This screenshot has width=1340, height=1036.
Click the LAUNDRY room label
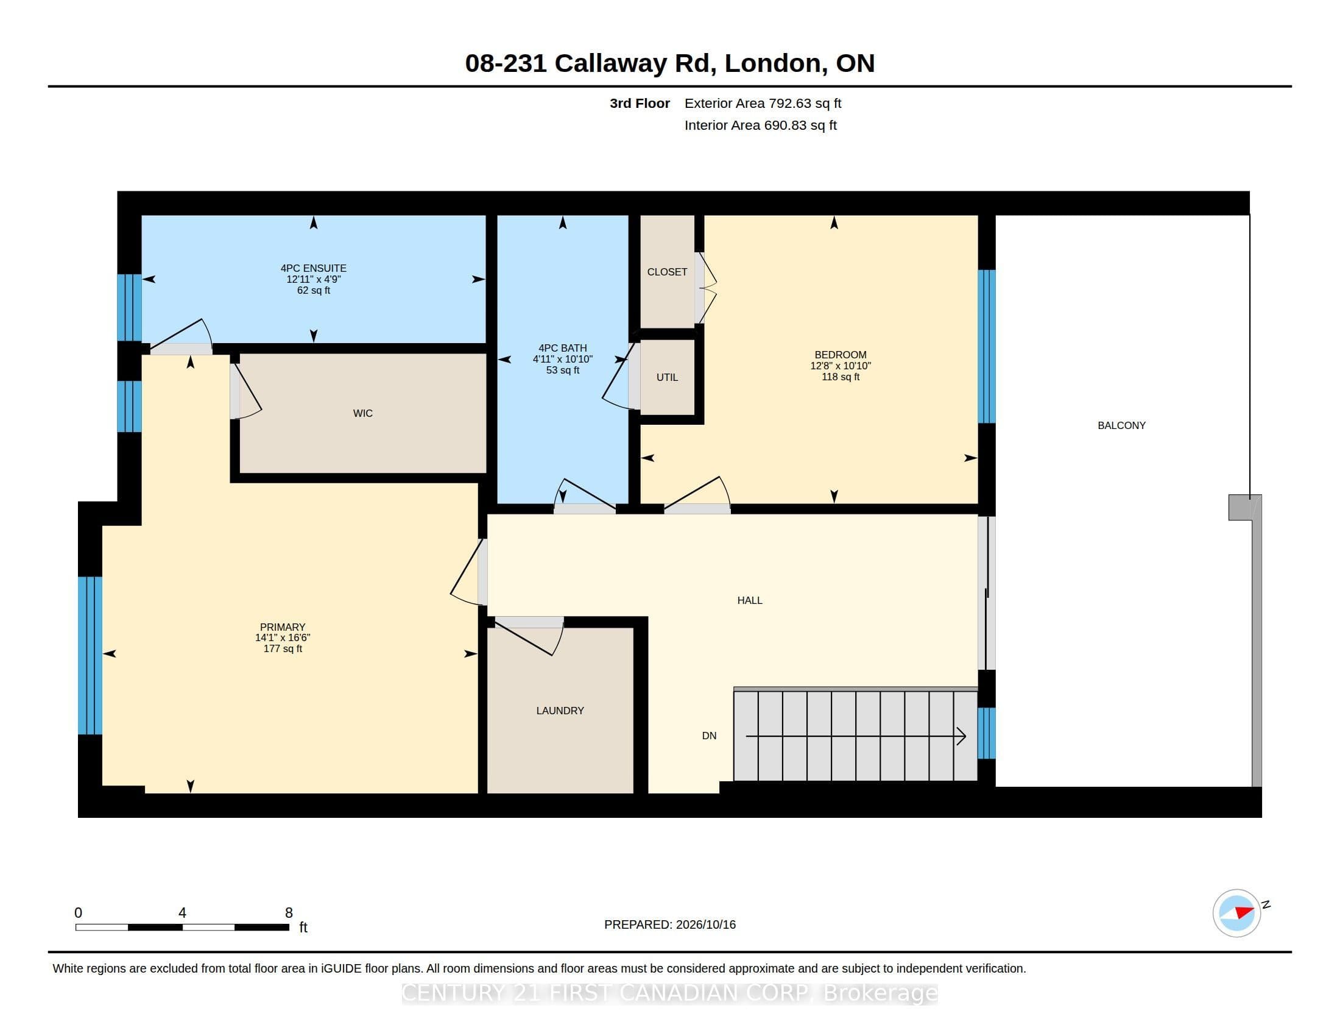[560, 711]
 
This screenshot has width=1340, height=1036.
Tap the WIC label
[362, 414]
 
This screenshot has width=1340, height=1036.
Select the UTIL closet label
[667, 377]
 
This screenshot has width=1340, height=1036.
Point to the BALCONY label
[1121, 425]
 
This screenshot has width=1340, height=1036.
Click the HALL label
[749, 600]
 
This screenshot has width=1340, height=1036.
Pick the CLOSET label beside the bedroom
[667, 272]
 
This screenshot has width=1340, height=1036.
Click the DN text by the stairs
[708, 736]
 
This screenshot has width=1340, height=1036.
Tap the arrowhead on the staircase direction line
[962, 736]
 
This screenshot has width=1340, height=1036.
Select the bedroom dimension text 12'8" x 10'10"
[840, 366]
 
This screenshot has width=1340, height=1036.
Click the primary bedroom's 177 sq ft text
[282, 649]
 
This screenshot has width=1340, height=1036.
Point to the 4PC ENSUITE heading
[313, 268]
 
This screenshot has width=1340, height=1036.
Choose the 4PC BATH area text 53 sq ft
[562, 370]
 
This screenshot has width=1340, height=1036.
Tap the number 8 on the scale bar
[289, 913]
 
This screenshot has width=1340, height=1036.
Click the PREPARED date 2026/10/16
[705, 924]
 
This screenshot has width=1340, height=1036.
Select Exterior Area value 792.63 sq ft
[805, 104]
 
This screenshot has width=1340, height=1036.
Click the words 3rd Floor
[640, 104]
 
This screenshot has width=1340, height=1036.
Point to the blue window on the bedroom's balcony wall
[986, 347]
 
